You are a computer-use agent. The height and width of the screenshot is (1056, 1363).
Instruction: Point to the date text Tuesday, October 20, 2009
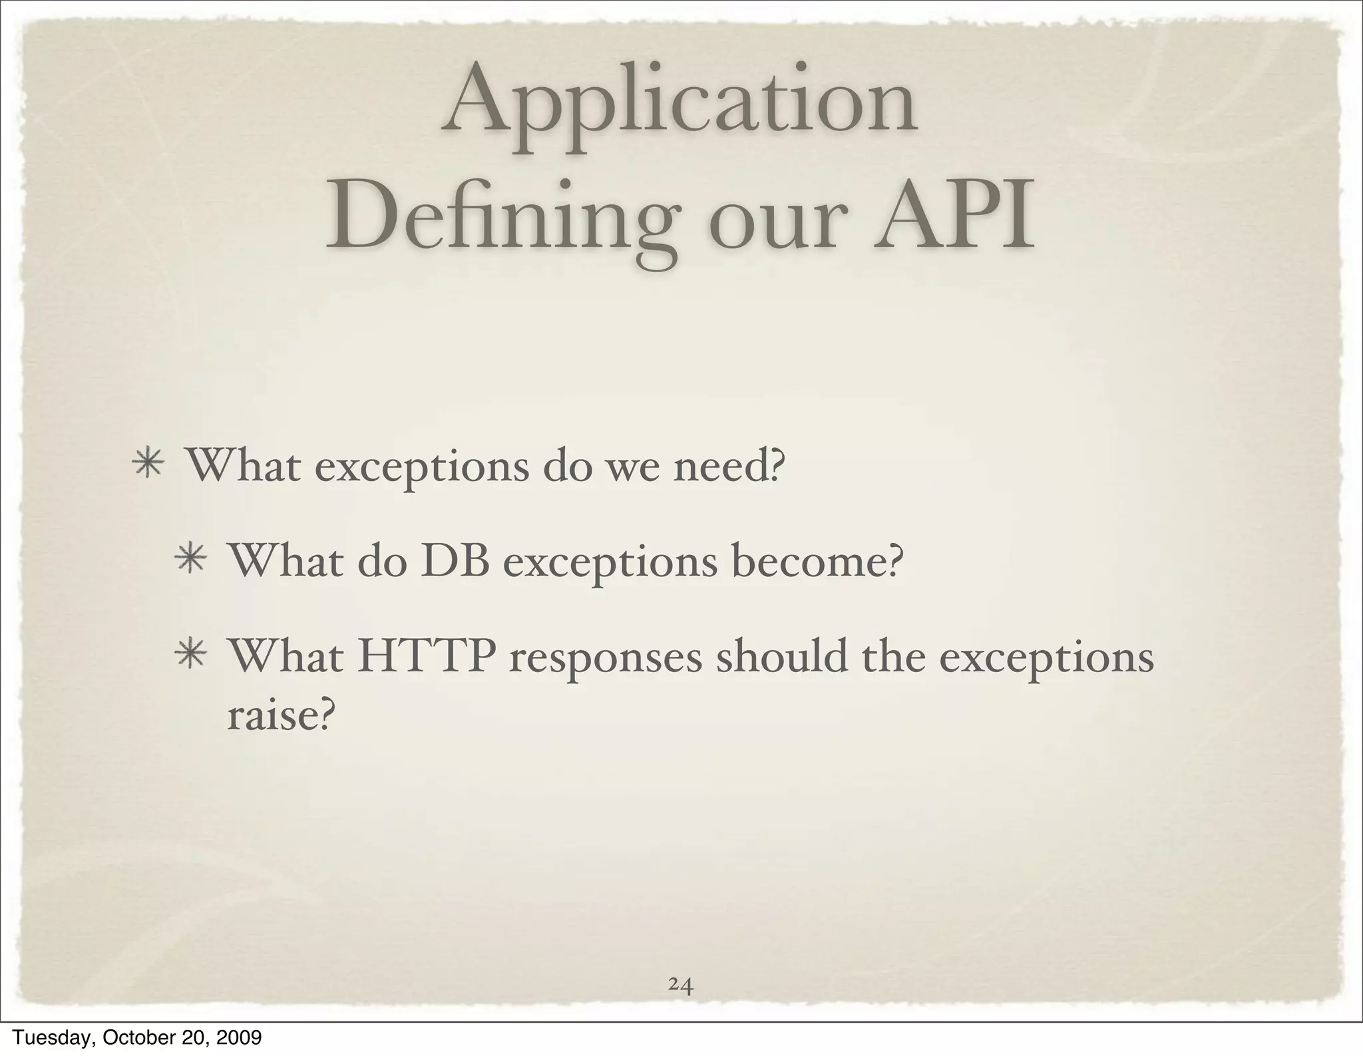pos(137,1037)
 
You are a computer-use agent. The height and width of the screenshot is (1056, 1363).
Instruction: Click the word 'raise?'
pos(278,716)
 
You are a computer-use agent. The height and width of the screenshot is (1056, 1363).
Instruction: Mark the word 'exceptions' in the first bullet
pos(421,469)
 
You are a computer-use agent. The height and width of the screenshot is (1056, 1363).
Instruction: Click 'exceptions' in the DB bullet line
pos(610,566)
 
